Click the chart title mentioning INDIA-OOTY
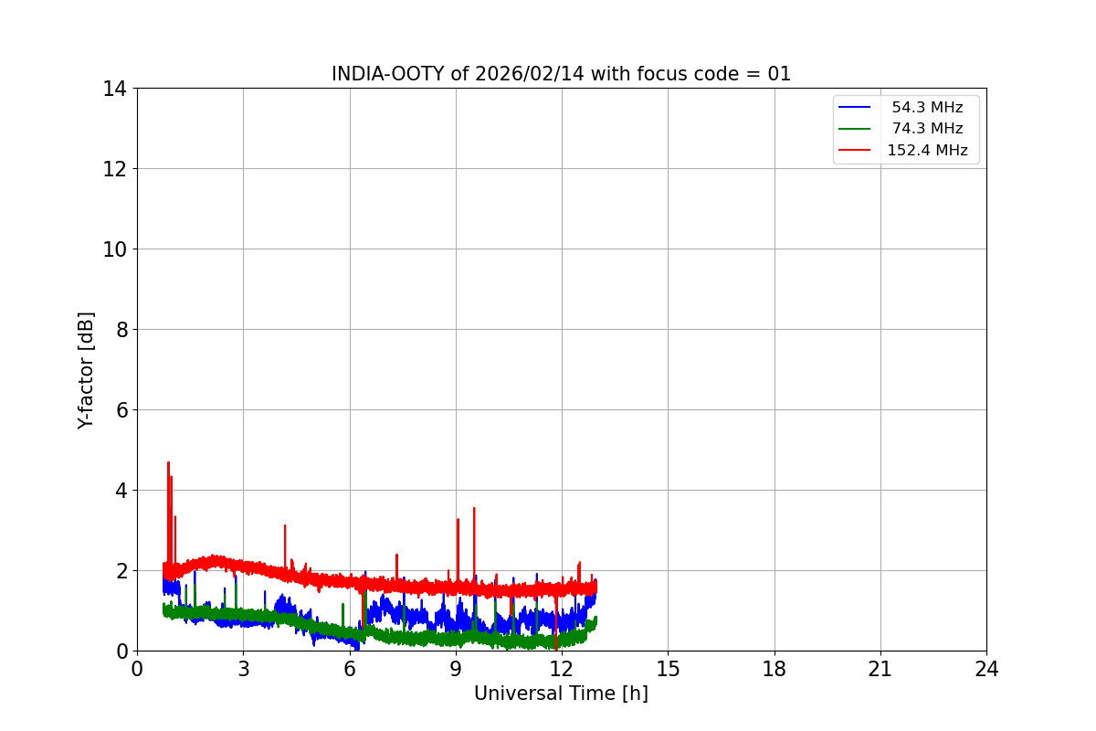point(561,74)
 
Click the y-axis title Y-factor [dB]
point(86,370)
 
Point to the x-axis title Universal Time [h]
point(561,694)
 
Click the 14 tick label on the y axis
point(114,89)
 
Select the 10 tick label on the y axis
point(114,249)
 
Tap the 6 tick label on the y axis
point(120,410)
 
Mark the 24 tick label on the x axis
point(986,670)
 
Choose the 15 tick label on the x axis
point(668,670)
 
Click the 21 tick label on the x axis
point(880,670)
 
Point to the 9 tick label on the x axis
point(456,670)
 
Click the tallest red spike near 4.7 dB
point(168,464)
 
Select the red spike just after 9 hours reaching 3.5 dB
point(474,509)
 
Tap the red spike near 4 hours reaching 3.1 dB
point(285,526)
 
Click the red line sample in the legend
point(855,151)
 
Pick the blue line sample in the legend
point(855,108)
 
